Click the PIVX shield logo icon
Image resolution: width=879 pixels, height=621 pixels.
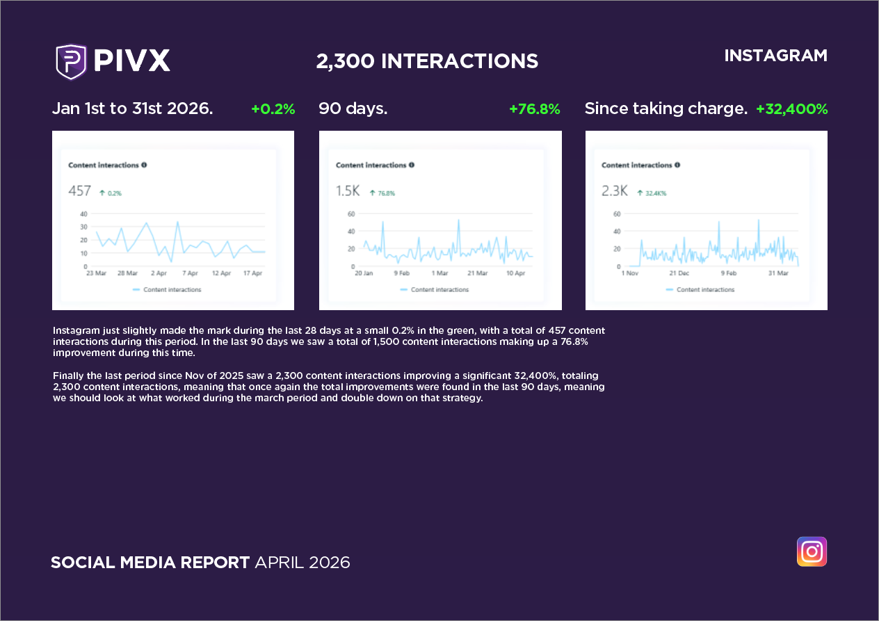[x=70, y=61]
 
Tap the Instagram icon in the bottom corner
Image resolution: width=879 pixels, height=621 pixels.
[x=812, y=551]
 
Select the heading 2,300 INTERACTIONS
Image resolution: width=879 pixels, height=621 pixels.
[x=427, y=61]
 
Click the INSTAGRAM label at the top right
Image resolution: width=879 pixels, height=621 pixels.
[x=775, y=56]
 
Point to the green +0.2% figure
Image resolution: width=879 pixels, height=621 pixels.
[x=273, y=109]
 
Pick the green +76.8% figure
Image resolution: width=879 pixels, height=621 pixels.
[x=534, y=109]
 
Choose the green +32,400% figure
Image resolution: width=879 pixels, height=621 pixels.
[x=791, y=109]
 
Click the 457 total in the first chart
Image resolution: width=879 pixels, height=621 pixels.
[x=79, y=191]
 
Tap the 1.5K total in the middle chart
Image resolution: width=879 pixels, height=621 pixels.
[x=348, y=191]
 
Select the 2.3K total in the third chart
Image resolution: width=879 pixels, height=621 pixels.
[x=614, y=191]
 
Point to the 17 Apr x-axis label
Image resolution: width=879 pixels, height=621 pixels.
[x=253, y=274]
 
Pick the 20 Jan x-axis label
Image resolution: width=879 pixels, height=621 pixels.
[x=364, y=274]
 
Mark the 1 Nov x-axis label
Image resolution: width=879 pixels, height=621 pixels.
[x=629, y=274]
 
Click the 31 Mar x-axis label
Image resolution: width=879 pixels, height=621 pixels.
[x=778, y=274]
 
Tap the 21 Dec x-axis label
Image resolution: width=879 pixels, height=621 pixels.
[x=679, y=274]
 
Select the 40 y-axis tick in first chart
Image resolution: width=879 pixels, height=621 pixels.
[x=83, y=213]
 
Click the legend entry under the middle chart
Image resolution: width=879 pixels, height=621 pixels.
[x=435, y=290]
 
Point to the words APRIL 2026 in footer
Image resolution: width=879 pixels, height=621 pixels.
[x=303, y=562]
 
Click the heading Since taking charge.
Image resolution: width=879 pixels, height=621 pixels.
[x=666, y=109]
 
